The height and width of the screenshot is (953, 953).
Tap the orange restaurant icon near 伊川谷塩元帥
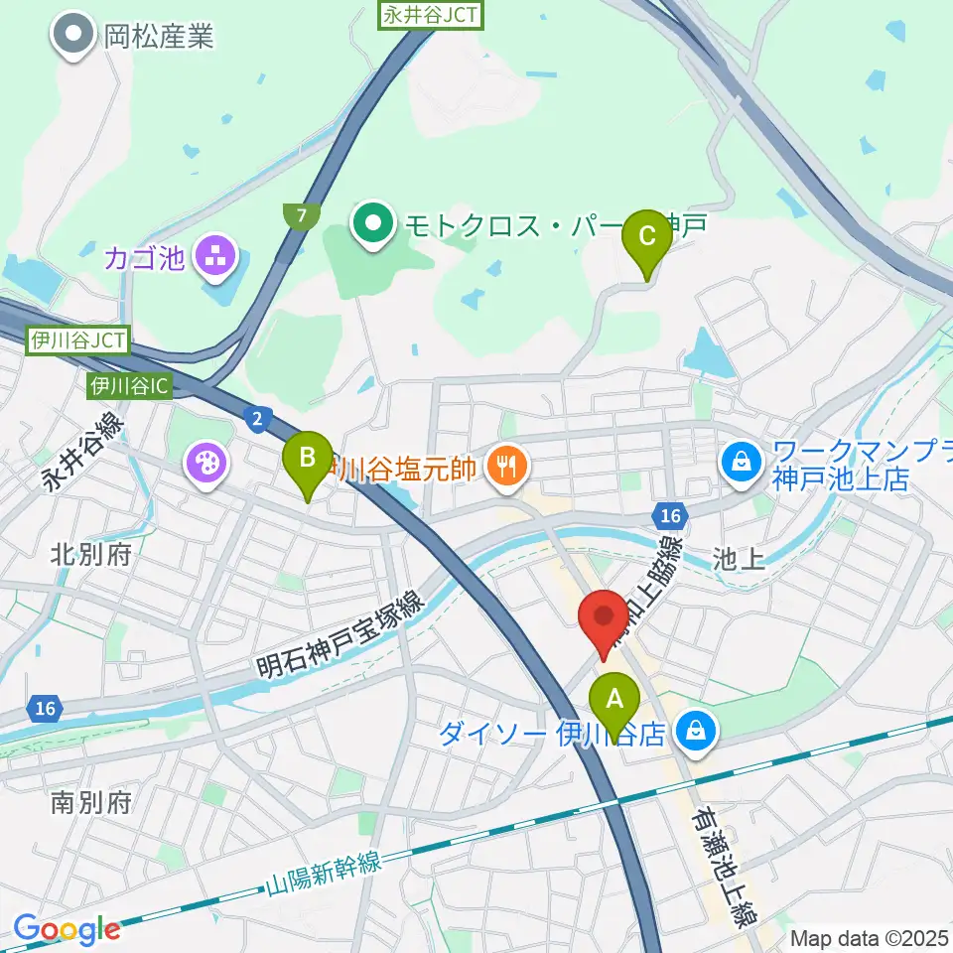click(x=507, y=462)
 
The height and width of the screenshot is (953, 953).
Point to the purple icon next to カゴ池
click(x=213, y=257)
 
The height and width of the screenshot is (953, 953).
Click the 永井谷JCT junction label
click(x=429, y=15)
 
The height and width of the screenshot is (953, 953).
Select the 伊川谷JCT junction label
click(x=77, y=341)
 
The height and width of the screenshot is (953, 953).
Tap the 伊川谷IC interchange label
click(x=129, y=385)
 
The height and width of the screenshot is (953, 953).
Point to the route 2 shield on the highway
click(x=257, y=420)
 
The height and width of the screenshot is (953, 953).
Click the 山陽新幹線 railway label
click(x=325, y=876)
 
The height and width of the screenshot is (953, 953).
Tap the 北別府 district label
click(x=90, y=554)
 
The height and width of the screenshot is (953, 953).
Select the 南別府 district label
click(x=90, y=802)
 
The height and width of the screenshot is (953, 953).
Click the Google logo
click(x=67, y=930)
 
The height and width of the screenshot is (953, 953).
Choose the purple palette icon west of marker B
click(x=207, y=462)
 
